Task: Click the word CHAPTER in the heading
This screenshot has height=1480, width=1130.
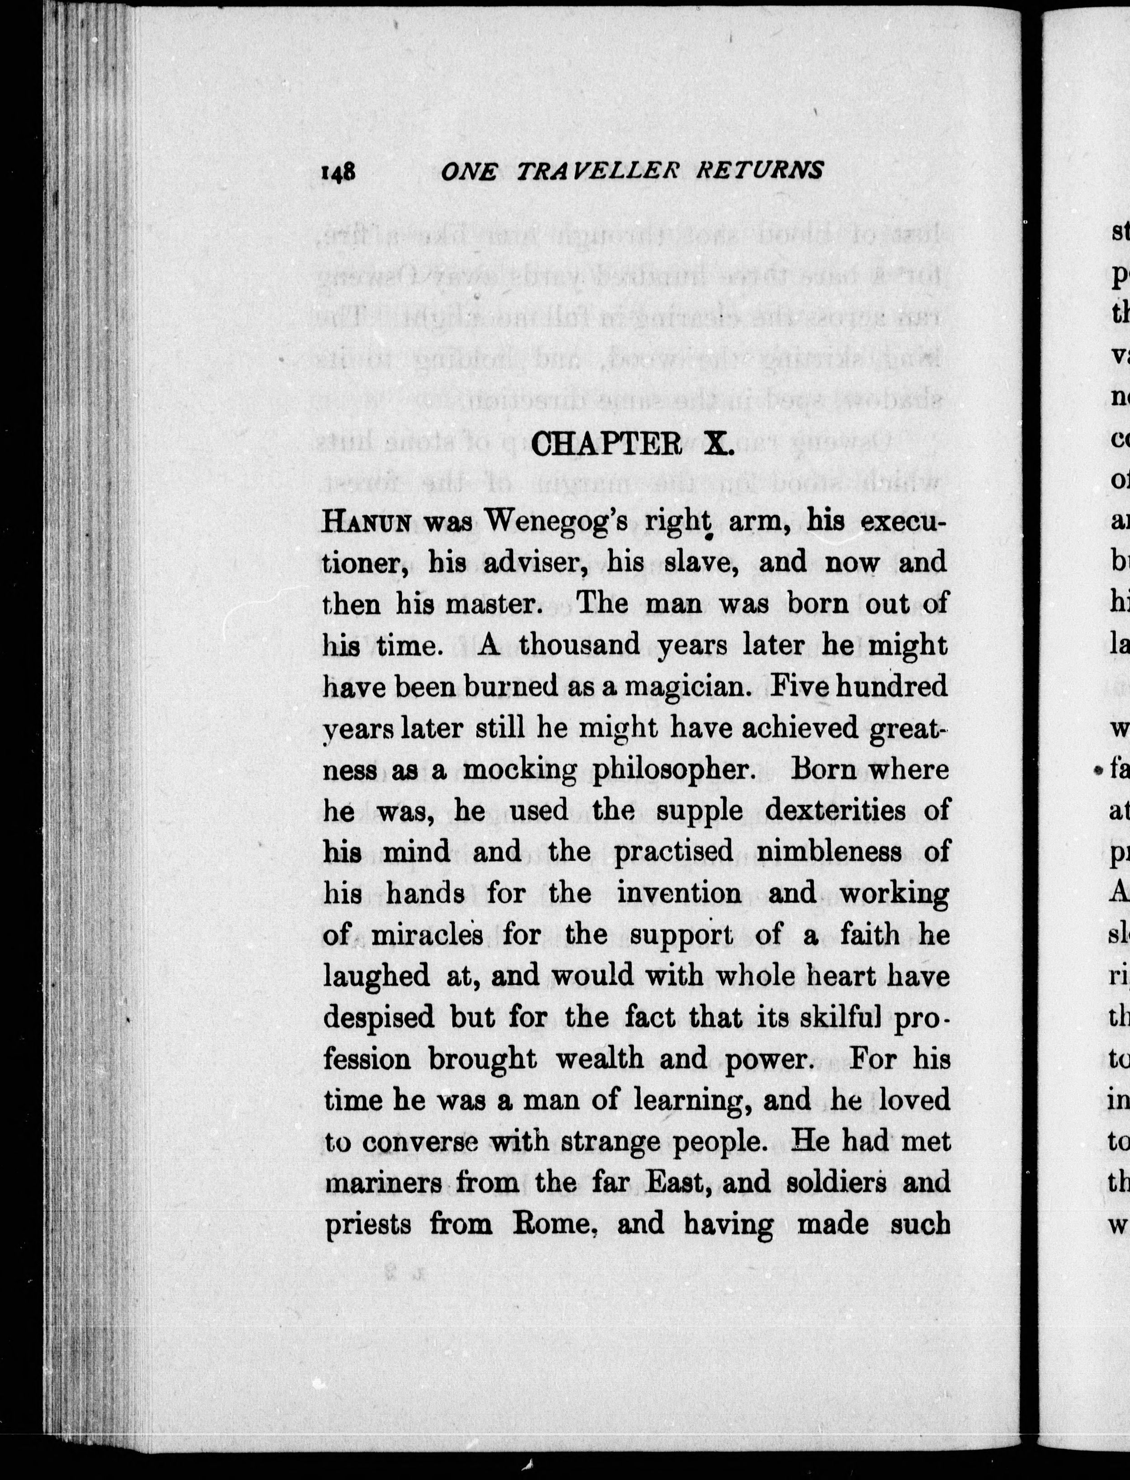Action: [x=607, y=445]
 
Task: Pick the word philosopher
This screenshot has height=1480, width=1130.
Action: [x=670, y=769]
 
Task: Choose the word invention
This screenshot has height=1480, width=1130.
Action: [x=679, y=893]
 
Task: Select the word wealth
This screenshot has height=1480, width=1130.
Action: [x=598, y=1059]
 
